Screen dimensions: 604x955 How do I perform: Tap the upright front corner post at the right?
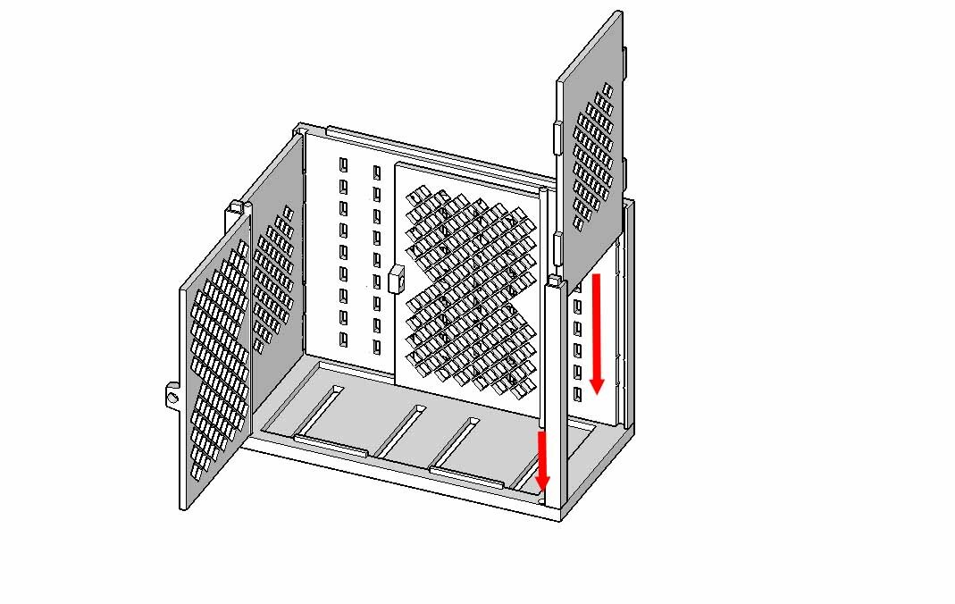pos(556,393)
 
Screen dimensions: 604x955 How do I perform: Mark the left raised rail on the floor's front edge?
pos(330,446)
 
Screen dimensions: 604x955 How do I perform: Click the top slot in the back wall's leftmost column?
pos(343,165)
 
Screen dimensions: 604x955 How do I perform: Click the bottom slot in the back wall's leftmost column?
pos(343,339)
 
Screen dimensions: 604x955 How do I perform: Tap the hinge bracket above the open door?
pos(234,207)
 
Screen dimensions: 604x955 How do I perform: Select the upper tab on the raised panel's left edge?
pos(557,138)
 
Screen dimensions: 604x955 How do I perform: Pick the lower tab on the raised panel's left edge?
pos(557,247)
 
